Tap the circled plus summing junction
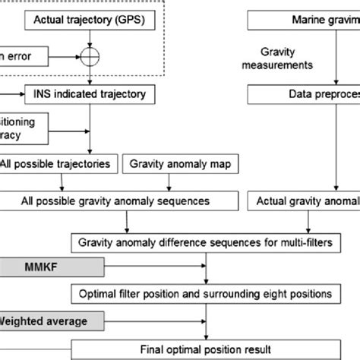click(90, 55)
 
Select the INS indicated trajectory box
click(91, 94)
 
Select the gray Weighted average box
click(46, 321)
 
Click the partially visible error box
click(23, 55)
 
